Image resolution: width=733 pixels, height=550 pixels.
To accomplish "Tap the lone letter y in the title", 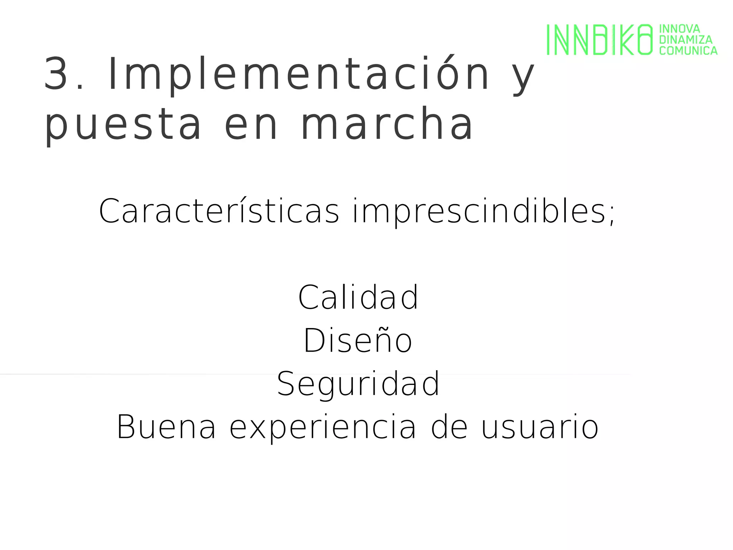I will point(523,77).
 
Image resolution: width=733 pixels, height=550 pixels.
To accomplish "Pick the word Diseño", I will point(358,341).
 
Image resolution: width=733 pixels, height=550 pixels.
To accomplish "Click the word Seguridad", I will point(358,384).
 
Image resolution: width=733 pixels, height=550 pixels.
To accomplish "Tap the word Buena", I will point(166,427).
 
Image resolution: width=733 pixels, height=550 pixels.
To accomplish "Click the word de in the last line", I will point(449,427).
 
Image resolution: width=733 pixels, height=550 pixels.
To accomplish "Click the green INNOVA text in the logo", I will point(679,29).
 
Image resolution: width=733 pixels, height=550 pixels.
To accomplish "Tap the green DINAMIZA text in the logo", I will point(686,39).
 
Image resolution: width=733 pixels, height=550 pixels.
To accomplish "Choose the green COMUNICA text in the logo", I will point(688,50).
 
